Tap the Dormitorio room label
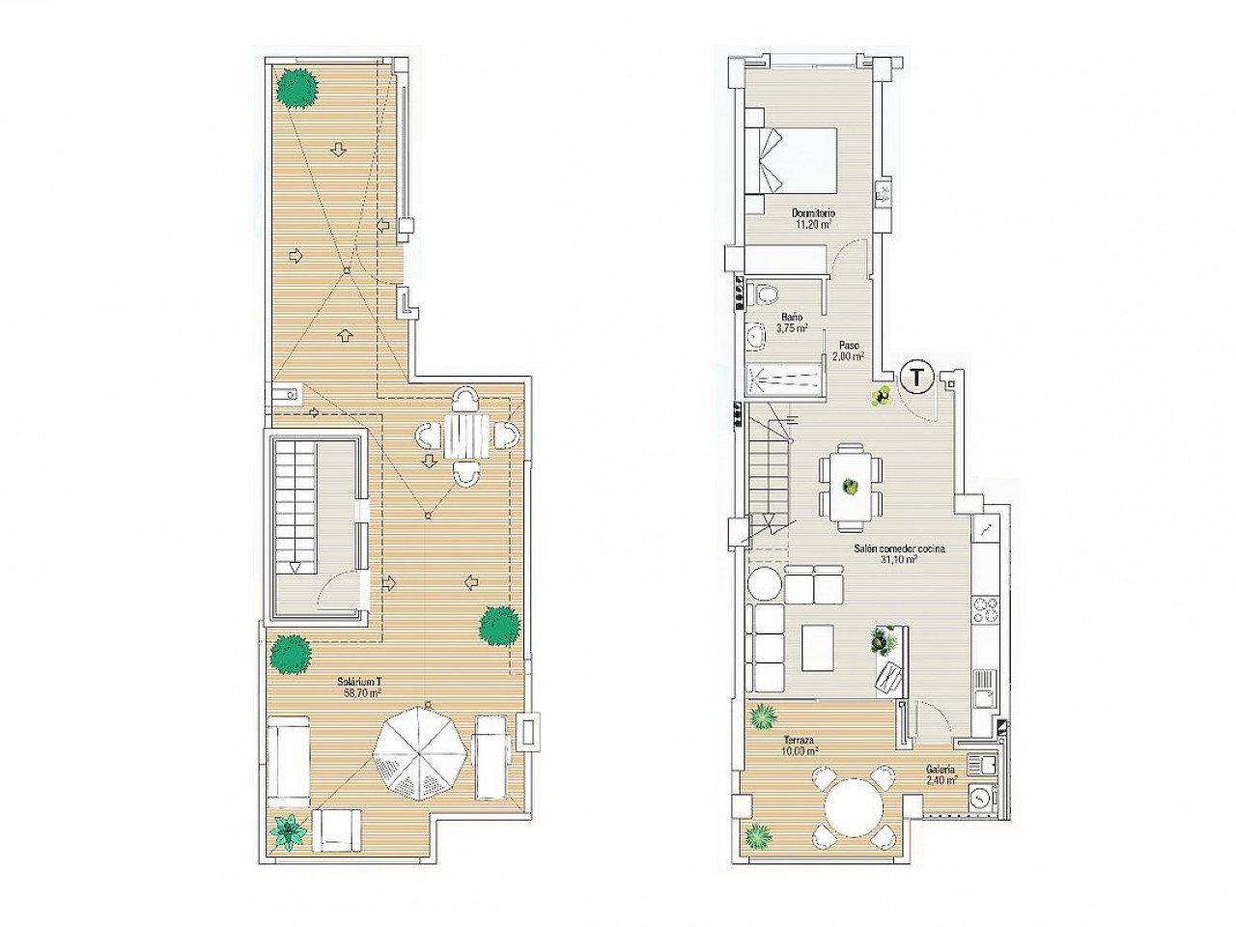point(813,213)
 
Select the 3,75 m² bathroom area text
point(792,328)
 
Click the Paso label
point(849,345)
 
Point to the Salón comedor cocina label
point(898,548)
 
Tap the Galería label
point(940,770)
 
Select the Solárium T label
point(361,681)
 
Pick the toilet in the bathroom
point(766,294)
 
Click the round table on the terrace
point(855,808)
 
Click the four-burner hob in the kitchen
point(985,609)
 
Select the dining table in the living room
point(851,487)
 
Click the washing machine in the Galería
point(981,798)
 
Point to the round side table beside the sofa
point(765,583)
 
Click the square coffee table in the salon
point(818,647)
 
